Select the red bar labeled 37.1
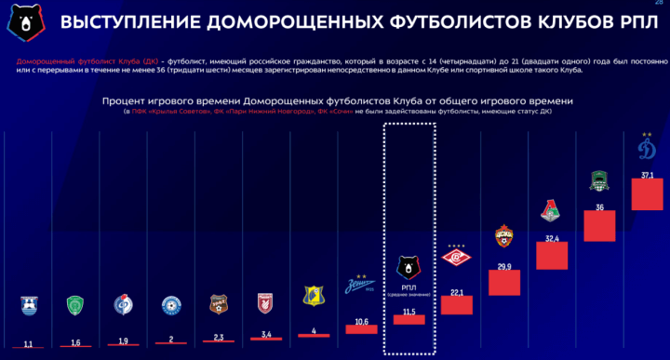(x=647, y=193)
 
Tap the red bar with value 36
(x=600, y=225)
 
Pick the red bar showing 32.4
(x=552, y=255)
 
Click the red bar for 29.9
(x=504, y=283)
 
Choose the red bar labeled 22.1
(x=457, y=305)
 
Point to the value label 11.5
(x=409, y=311)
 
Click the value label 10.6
(x=361, y=322)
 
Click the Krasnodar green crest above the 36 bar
(x=600, y=181)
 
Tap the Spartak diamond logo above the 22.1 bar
(x=457, y=257)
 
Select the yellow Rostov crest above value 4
(x=313, y=297)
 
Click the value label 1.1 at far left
(x=28, y=345)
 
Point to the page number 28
(x=658, y=7)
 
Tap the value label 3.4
(x=265, y=334)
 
